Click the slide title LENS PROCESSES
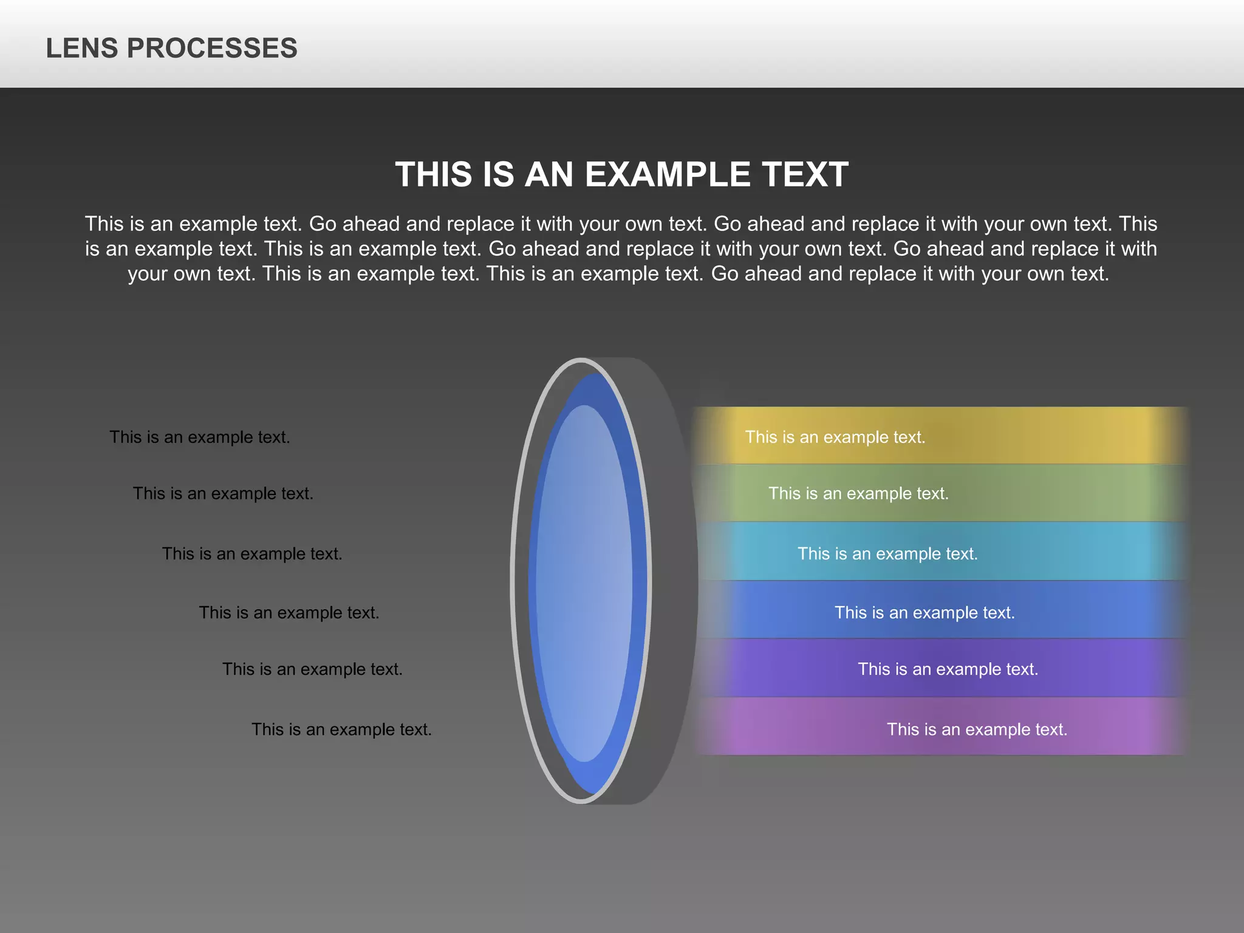[x=171, y=48]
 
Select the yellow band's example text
[x=835, y=437]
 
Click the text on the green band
[x=858, y=493]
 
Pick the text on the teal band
[x=887, y=553]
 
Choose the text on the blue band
[x=924, y=612]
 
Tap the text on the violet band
[x=948, y=669]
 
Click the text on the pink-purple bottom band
[x=976, y=729]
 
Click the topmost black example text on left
[x=199, y=437]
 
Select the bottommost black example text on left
[x=341, y=729]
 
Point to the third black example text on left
[x=251, y=553]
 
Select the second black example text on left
[x=223, y=493]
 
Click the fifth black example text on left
[x=312, y=669]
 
